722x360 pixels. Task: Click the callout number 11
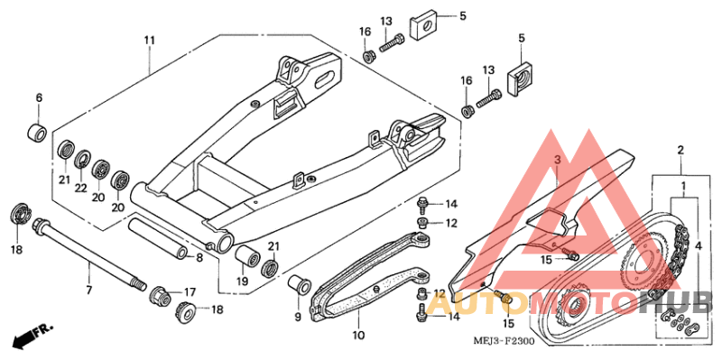point(149,41)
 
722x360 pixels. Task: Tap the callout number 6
point(39,97)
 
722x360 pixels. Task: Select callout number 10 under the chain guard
point(358,336)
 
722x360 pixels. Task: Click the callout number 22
point(82,188)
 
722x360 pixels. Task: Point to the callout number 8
point(199,257)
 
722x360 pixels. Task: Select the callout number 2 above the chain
point(680,150)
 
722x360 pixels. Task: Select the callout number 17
point(190,291)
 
